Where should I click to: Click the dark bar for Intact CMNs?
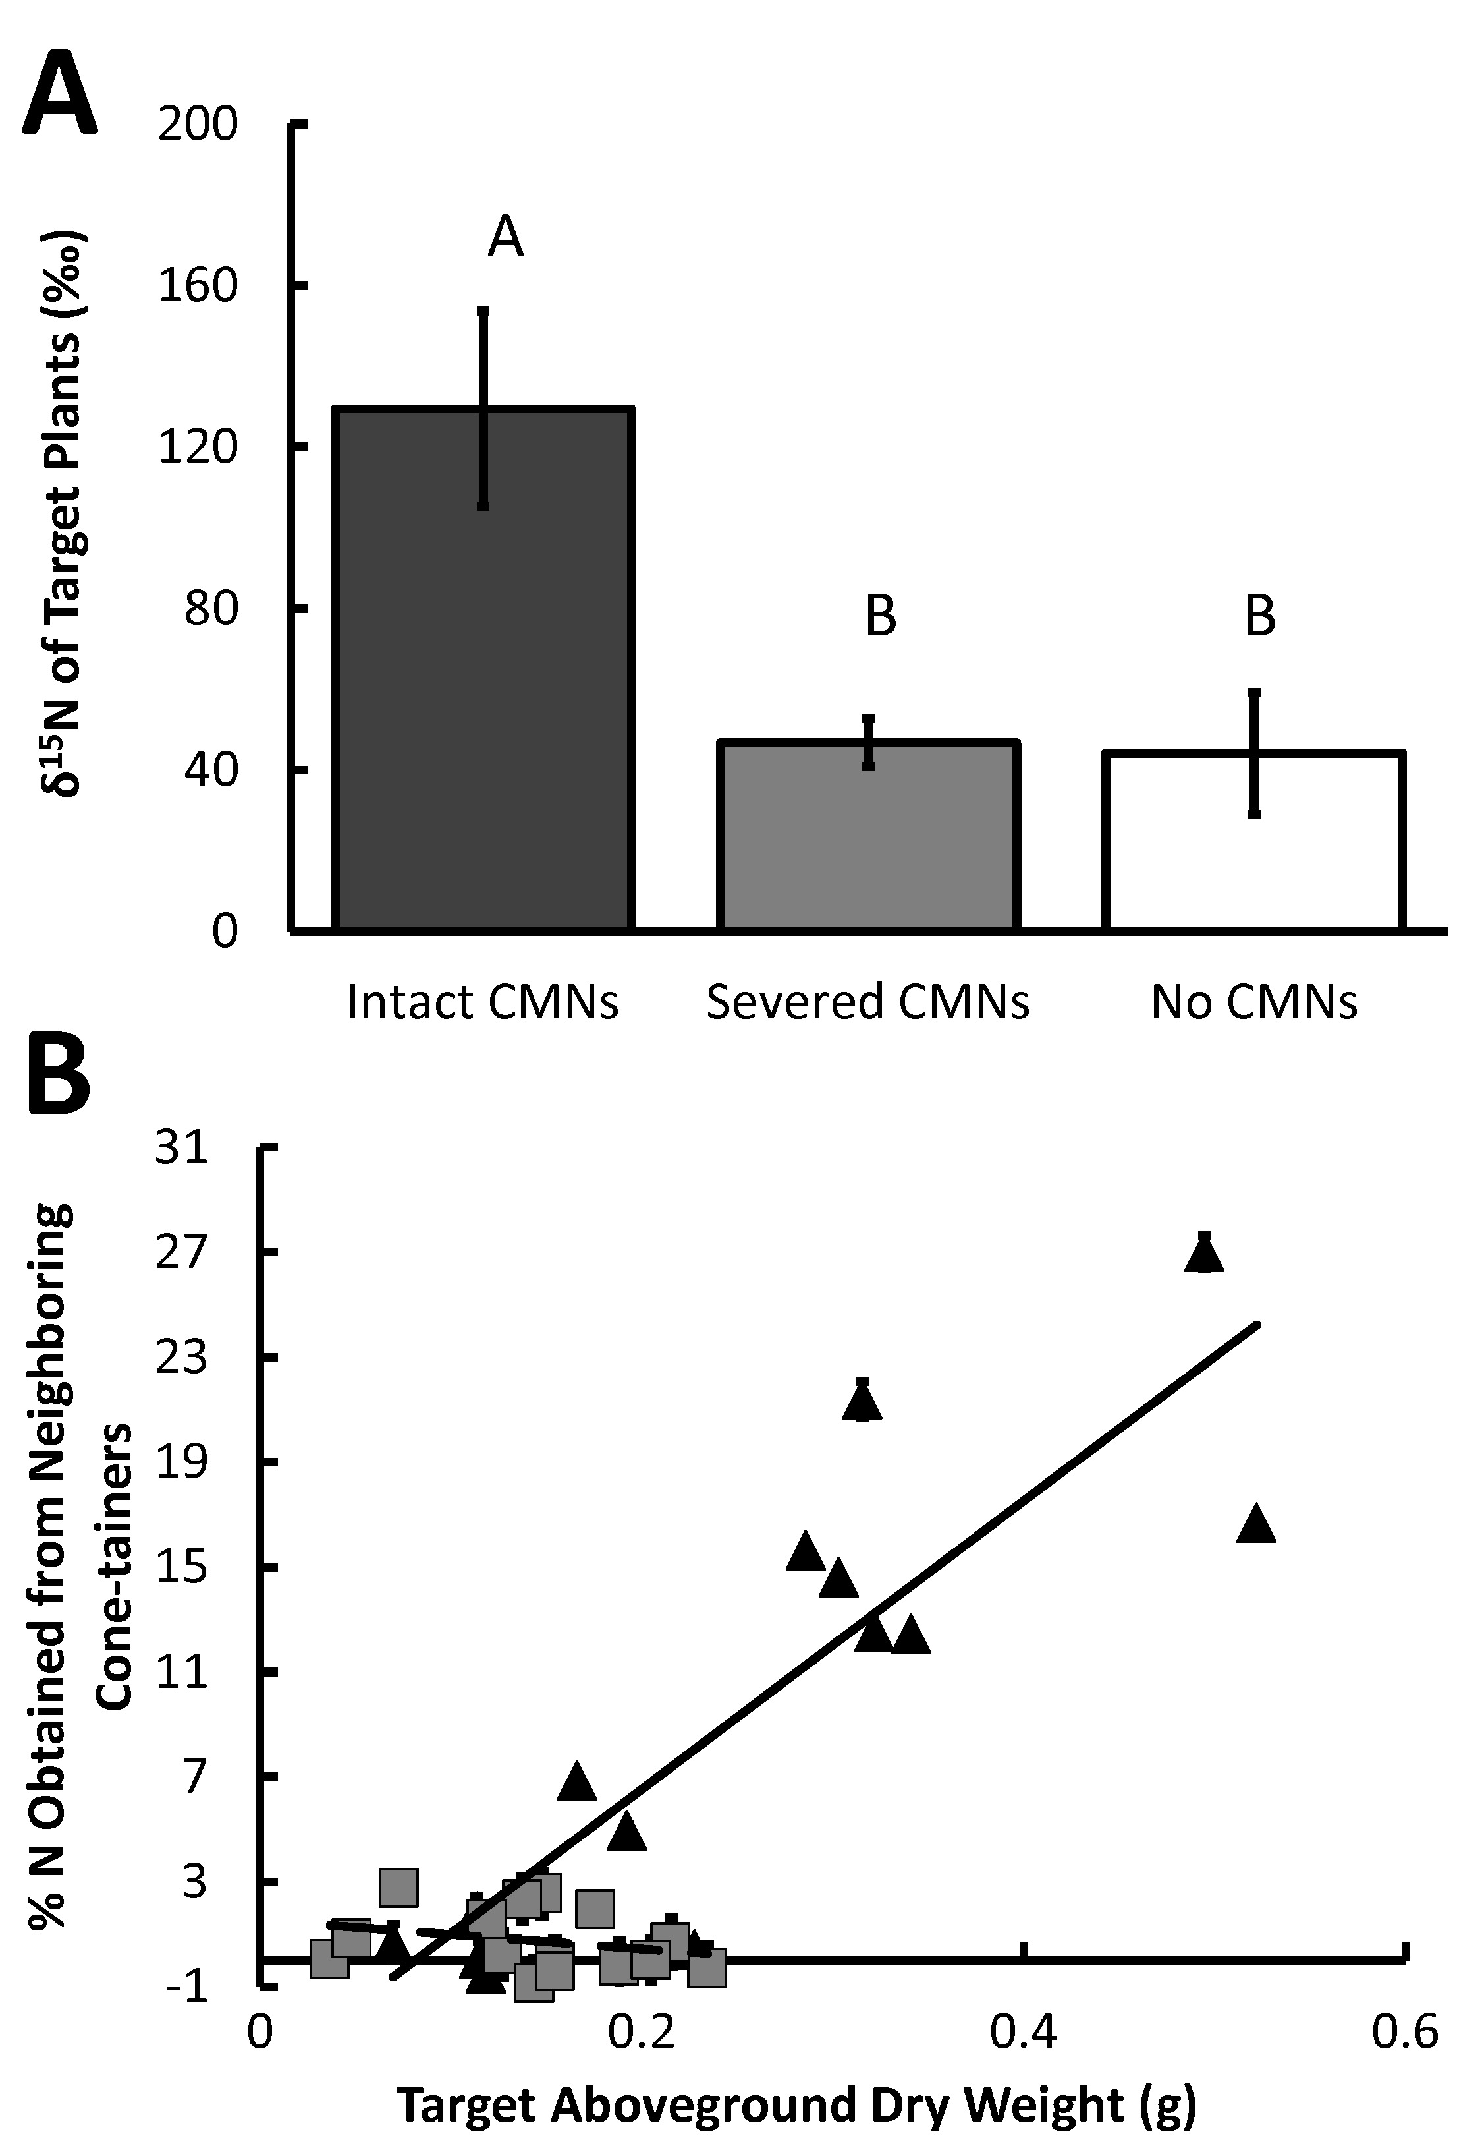(x=483, y=669)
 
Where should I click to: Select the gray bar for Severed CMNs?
(x=868, y=836)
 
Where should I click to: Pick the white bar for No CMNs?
(x=1253, y=840)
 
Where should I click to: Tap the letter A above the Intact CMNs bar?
(x=505, y=238)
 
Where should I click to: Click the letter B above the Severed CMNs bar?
(x=880, y=615)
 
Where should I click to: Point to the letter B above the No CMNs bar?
(x=1259, y=615)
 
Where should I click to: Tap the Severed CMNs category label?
(x=867, y=1003)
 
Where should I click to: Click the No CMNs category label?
(x=1253, y=1003)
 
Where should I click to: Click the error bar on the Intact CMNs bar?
(x=483, y=409)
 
